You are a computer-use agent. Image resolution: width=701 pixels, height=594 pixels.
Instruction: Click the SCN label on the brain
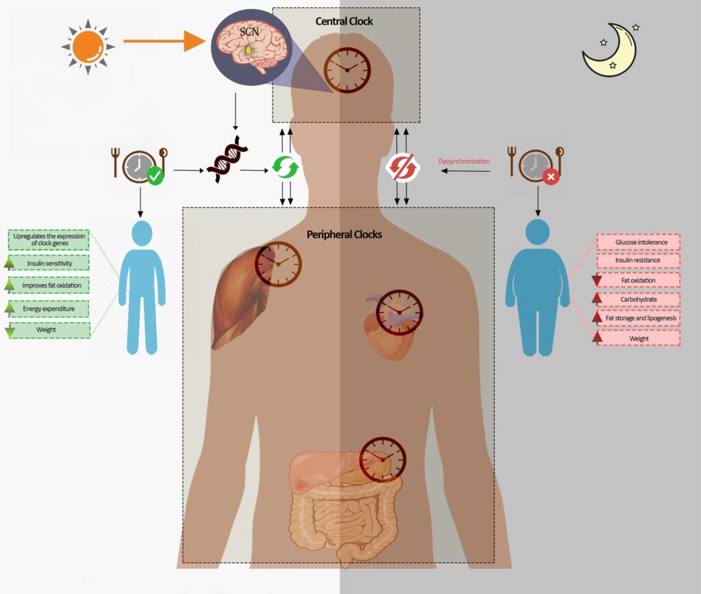(249, 31)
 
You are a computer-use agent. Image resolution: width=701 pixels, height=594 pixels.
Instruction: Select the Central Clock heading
(344, 21)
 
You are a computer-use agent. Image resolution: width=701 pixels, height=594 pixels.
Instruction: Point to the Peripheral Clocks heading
(344, 234)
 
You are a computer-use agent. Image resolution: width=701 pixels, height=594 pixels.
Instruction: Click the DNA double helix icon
(225, 163)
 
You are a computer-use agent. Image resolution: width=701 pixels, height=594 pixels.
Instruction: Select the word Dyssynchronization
(463, 162)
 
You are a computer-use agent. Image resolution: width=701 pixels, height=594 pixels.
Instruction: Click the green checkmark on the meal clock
(155, 177)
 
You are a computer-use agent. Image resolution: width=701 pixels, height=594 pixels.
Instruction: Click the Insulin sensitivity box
(50, 263)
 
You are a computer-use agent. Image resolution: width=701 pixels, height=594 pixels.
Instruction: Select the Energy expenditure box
(50, 309)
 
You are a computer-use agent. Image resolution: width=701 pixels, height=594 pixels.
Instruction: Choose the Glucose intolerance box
(638, 242)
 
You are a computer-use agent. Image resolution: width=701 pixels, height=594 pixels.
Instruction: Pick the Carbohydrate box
(638, 299)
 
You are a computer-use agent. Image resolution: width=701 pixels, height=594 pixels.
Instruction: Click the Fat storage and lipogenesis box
(638, 318)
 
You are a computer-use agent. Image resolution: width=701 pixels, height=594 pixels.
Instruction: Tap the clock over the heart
(399, 312)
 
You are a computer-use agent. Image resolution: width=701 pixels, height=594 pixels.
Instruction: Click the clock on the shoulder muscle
(278, 263)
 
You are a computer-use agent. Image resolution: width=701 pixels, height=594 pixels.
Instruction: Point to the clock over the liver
(383, 459)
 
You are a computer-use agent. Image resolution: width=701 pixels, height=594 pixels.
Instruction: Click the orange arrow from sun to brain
(164, 42)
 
